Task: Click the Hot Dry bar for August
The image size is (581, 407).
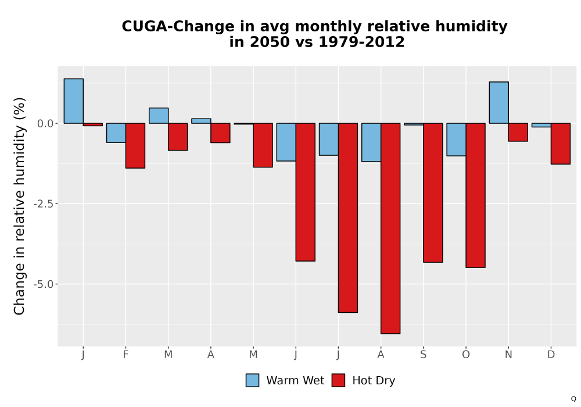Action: [390, 229]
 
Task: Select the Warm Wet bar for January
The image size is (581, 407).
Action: [73, 101]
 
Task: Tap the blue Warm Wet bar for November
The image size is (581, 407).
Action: [498, 102]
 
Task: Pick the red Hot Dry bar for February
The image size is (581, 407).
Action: [135, 146]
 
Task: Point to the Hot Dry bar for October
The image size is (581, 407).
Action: [475, 195]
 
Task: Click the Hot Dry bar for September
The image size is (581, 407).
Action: [433, 193]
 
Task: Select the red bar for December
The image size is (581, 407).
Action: [561, 144]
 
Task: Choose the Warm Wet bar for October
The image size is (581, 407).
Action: [456, 140]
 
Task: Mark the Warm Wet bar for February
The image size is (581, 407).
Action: [116, 133]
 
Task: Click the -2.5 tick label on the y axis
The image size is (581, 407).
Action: [44, 204]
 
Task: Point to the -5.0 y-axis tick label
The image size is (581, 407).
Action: [44, 284]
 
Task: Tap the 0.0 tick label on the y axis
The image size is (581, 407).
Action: [45, 123]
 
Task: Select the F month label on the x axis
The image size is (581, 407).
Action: [125, 355]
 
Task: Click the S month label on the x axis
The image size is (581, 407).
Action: [423, 355]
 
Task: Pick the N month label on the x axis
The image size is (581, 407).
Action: [508, 355]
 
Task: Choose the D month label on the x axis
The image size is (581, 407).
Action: [551, 355]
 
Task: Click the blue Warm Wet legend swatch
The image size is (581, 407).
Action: [252, 380]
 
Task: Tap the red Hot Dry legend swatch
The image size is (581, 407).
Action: [338, 380]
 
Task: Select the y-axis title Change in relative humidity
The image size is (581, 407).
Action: [19, 206]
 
